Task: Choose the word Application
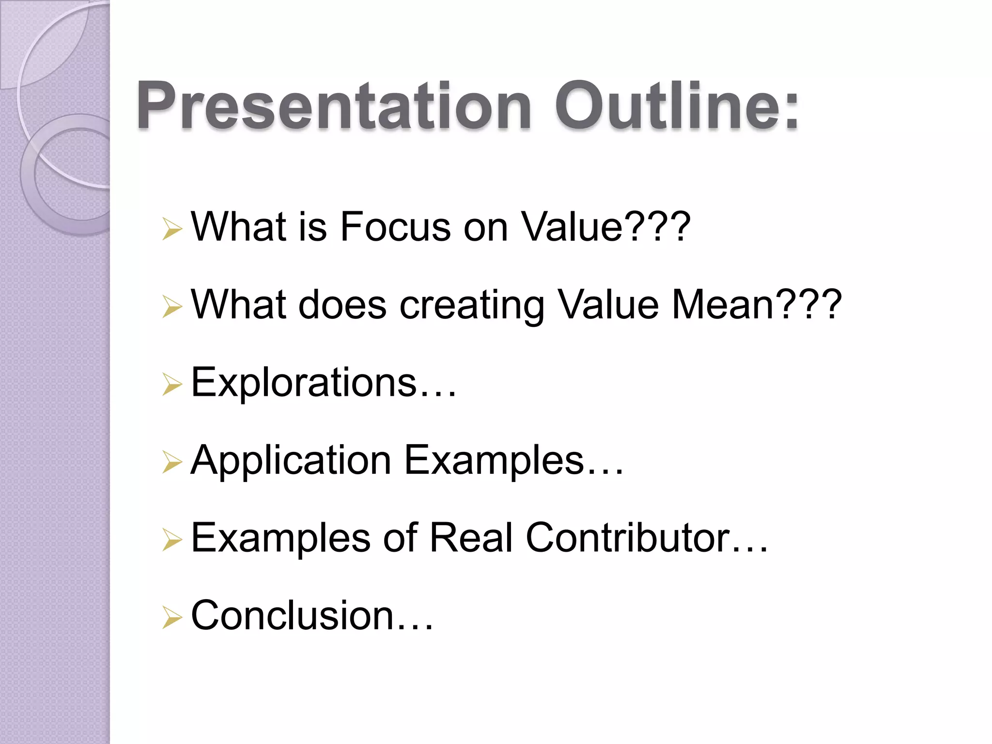[x=291, y=461]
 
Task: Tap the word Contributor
[x=628, y=537]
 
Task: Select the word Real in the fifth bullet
[x=471, y=537]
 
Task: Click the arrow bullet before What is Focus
[x=172, y=229]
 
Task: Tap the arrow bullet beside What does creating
[x=172, y=307]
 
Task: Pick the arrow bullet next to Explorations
[x=172, y=385]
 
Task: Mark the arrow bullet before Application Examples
[x=172, y=462]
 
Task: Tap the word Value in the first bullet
[x=572, y=226]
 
